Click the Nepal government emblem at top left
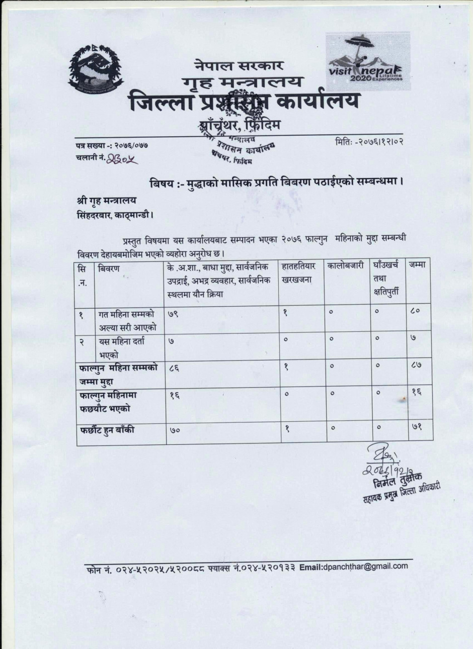coord(96,67)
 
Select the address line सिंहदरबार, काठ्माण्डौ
coord(112,215)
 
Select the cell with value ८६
coord(175,368)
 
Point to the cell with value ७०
coord(175,431)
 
